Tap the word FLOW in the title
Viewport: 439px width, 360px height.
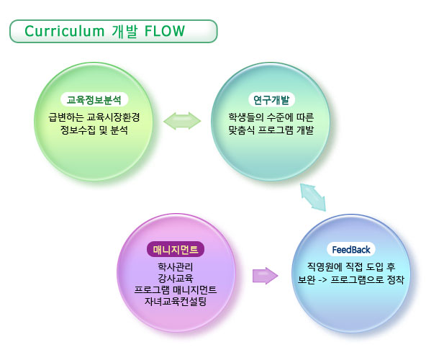(x=164, y=31)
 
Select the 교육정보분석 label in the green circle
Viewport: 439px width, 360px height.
(x=94, y=100)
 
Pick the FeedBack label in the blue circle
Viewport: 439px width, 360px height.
(x=351, y=250)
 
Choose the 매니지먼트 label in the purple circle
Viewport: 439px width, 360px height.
(x=176, y=250)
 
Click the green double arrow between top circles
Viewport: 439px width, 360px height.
(x=182, y=120)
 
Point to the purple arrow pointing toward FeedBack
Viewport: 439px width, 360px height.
(x=266, y=276)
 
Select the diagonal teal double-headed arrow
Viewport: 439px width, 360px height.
(x=313, y=196)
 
